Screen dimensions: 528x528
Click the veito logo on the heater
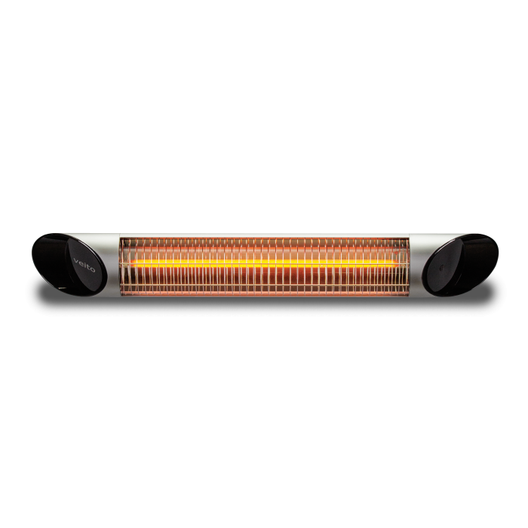click(x=84, y=264)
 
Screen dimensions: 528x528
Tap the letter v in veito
click(x=75, y=259)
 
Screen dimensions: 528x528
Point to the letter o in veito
click(x=93, y=269)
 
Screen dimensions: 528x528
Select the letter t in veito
click(x=88, y=267)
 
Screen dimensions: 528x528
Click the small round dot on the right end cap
click(x=442, y=268)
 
